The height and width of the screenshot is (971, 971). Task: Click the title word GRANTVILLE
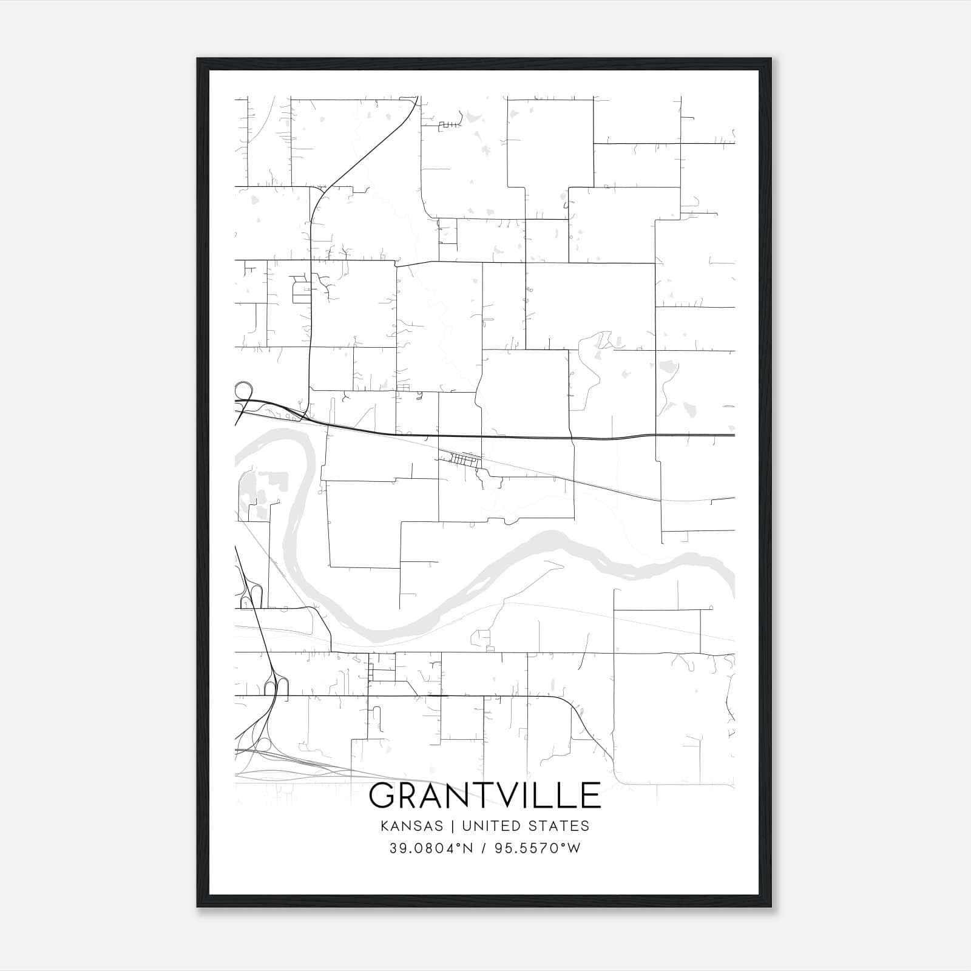point(484,796)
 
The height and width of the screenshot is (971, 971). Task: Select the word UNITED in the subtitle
point(491,826)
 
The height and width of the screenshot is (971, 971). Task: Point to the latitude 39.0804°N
point(430,848)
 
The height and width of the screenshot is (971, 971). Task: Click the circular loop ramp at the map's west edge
point(243,390)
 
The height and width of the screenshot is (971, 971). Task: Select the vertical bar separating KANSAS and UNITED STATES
point(456,826)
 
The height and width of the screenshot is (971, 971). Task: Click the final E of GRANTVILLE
point(590,796)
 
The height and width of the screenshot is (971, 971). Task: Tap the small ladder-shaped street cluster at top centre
point(450,125)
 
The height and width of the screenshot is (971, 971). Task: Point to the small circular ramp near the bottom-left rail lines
point(263,745)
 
